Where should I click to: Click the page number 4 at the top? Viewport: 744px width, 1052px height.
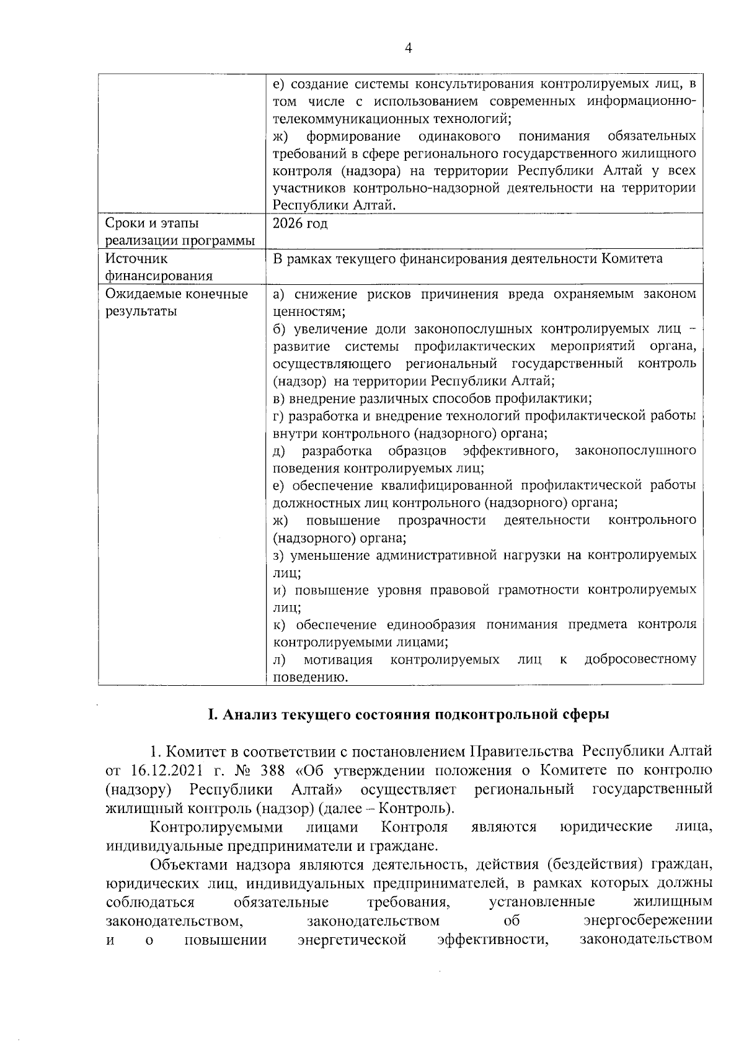coord(408,48)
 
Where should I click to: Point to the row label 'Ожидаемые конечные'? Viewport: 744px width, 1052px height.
coord(176,294)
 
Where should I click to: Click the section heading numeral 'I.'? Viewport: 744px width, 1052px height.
coord(212,715)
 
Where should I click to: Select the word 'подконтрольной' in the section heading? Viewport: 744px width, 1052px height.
coord(495,715)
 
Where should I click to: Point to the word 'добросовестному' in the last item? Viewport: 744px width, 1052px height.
coord(640,659)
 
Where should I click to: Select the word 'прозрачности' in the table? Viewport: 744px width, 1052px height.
coord(441,520)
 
